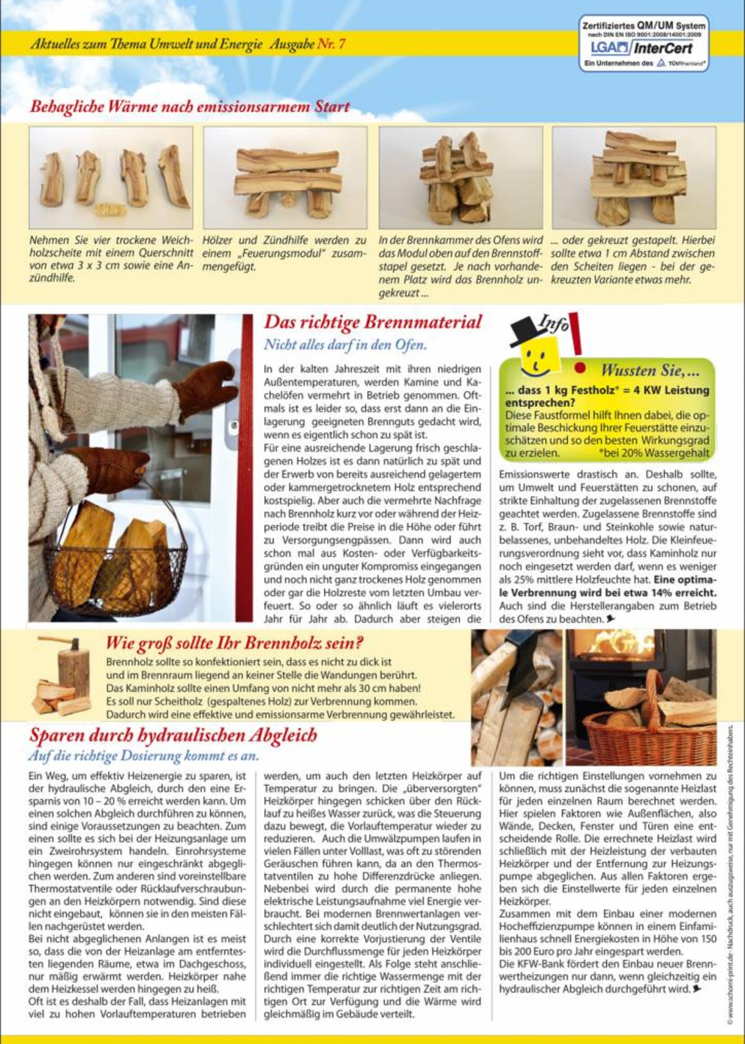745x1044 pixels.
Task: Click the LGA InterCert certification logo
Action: point(644,44)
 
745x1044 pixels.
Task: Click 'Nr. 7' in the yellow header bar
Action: point(331,44)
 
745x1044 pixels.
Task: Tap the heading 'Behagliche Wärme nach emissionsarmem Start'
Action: point(189,107)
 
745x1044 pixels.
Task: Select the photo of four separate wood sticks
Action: point(111,178)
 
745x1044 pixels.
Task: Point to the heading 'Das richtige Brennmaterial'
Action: point(372,322)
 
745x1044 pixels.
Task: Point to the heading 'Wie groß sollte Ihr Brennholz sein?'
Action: point(235,643)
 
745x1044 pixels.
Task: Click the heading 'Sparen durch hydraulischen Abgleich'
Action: point(174,735)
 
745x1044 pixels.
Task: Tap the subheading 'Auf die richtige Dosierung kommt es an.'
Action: point(143,756)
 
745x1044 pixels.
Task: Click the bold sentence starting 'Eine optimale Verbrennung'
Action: point(608,586)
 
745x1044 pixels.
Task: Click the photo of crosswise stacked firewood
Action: point(634,178)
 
